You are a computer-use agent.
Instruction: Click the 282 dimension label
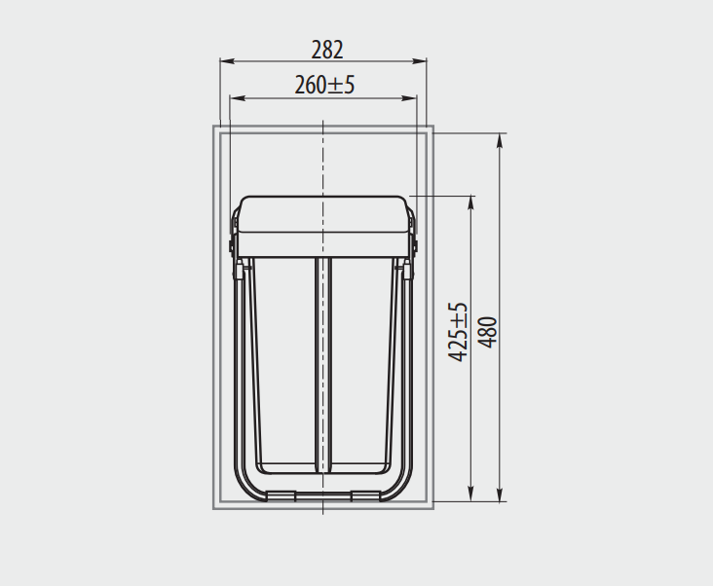coord(327,50)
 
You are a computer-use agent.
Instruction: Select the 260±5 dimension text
coord(324,85)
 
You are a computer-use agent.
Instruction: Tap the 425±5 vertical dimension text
coord(458,332)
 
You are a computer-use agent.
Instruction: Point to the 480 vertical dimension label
coord(488,333)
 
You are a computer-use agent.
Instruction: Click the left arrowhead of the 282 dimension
coord(227,61)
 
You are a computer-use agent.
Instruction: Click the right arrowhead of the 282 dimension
coord(419,61)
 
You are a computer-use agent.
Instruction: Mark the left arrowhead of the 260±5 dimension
coord(238,98)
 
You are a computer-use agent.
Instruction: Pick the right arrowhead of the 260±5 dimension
coord(409,98)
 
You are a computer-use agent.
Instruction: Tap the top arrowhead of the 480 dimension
coord(500,141)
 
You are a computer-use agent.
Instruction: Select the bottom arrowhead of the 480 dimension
coord(500,494)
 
